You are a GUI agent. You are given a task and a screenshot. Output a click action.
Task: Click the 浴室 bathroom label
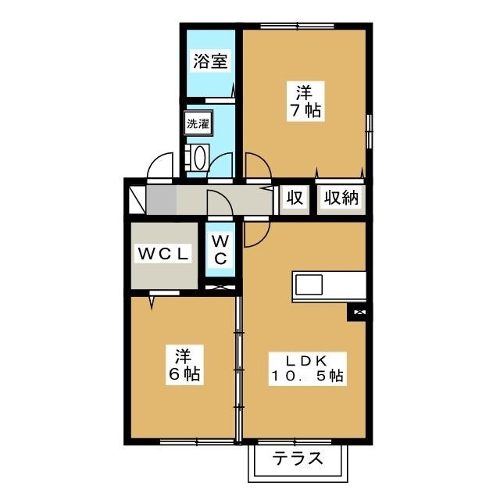click(x=210, y=61)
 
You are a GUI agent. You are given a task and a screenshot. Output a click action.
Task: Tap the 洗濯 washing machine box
click(x=196, y=123)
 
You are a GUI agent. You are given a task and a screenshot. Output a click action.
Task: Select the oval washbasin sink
click(x=198, y=158)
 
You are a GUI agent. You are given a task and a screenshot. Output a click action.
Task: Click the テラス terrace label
click(x=298, y=459)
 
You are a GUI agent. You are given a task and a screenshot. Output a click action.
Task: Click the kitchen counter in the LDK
click(x=329, y=285)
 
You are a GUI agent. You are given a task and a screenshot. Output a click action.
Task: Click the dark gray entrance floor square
click(x=161, y=200)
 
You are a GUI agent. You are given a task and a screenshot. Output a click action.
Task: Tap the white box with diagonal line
click(x=136, y=199)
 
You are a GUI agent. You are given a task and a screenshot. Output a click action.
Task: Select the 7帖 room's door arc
click(x=259, y=165)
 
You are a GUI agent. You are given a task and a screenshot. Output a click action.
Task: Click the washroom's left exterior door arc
click(x=162, y=166)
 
